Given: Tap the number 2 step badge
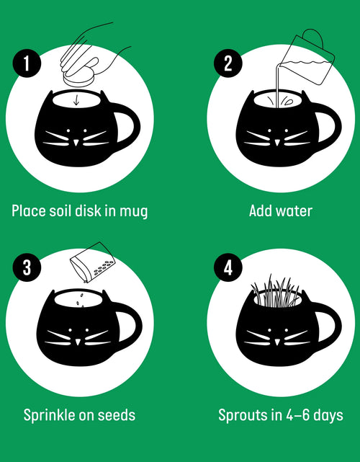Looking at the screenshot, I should (228, 64).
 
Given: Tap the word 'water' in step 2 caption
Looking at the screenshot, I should (295, 211).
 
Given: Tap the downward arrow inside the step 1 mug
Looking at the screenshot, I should (76, 99).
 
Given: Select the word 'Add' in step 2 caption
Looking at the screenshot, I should (261, 211).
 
